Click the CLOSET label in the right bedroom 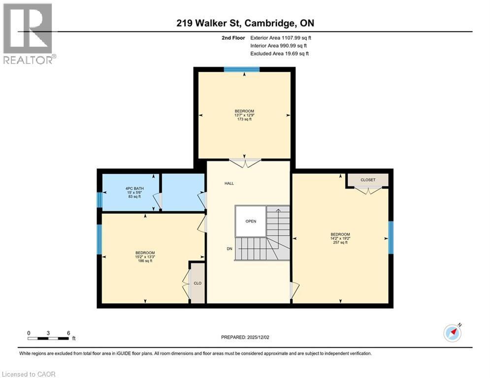coord(367,180)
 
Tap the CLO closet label coord(197,283)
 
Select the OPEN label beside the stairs coord(251,221)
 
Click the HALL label coord(229,183)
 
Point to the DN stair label coord(229,249)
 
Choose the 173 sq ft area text coord(244,119)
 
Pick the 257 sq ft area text coord(340,242)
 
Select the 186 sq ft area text coord(145,261)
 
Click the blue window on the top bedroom coord(241,69)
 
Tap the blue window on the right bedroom coord(391,237)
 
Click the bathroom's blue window coord(99,200)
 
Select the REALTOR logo coord(28,34)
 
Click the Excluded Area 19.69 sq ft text coord(279,54)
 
